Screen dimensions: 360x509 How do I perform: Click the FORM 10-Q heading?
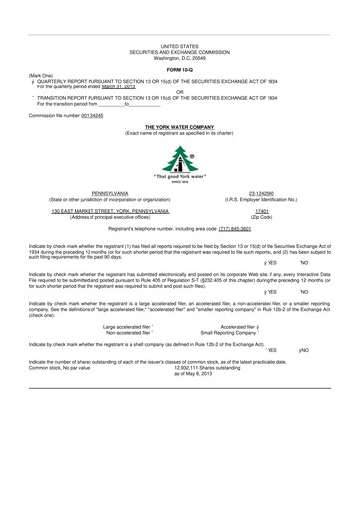pyautogui.click(x=179, y=67)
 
